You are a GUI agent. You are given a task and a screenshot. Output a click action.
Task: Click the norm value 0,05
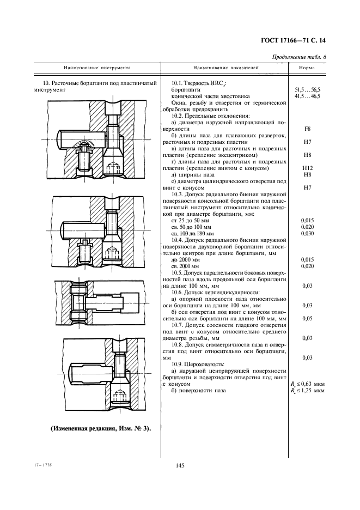[x=307, y=318]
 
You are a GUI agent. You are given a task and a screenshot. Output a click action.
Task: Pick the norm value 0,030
[x=307, y=233]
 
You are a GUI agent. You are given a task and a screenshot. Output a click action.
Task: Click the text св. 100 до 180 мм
[x=190, y=233]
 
